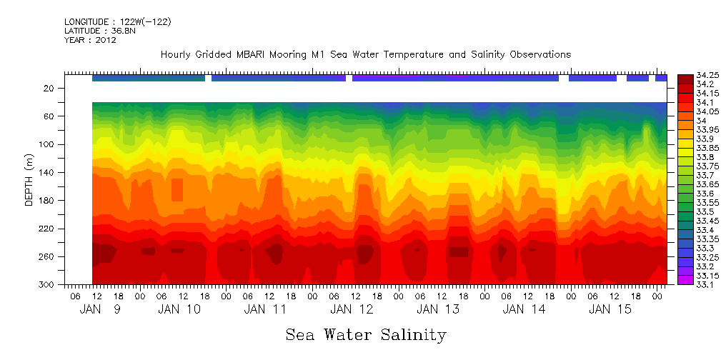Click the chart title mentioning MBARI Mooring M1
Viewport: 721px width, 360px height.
point(365,54)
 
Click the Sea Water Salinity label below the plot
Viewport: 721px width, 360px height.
point(366,334)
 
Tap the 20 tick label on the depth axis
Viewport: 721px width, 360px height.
point(50,88)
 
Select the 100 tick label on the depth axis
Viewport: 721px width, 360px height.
point(48,144)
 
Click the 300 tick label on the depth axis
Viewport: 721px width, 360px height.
point(48,284)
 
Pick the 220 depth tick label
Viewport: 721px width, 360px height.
point(48,229)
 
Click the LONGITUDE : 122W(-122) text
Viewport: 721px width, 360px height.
point(117,22)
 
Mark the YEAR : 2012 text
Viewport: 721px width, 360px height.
point(90,40)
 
